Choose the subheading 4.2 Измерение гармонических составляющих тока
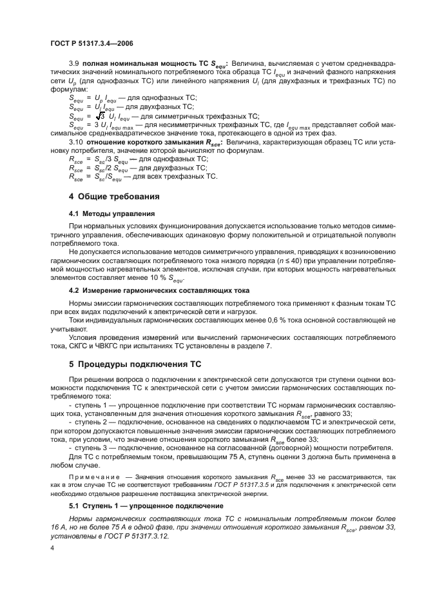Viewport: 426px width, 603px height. (x=150, y=290)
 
